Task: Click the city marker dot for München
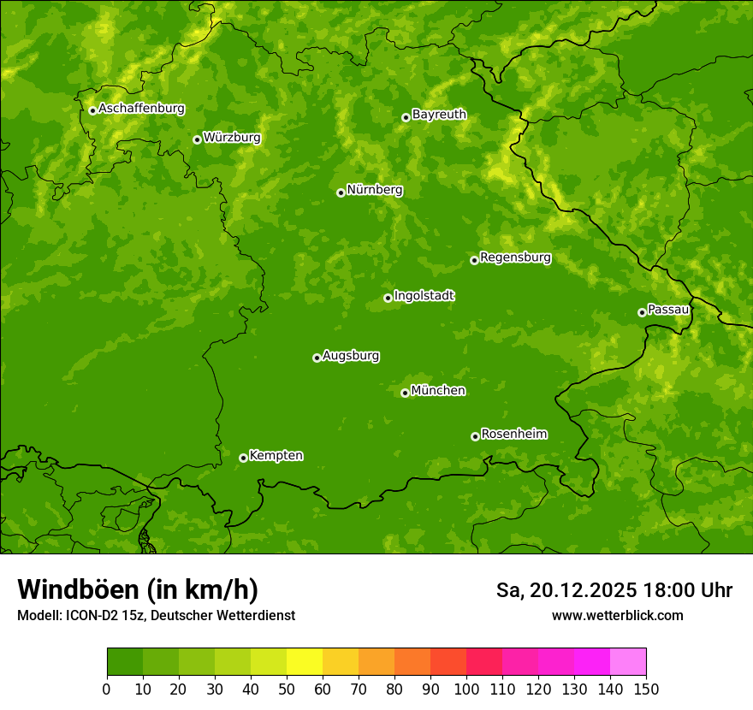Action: [x=405, y=393]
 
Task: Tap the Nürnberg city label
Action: [x=374, y=190]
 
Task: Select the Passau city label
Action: [x=668, y=309]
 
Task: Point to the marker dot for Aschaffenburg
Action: [x=92, y=110]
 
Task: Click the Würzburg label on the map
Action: [x=232, y=137]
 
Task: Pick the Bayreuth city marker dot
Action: [x=406, y=117]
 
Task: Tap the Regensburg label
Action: [x=515, y=257]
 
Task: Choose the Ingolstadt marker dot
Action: [x=388, y=298]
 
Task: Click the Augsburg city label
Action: [x=351, y=355]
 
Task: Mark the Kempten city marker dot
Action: [x=243, y=458]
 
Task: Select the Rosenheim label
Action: [x=513, y=434]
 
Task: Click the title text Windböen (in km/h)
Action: [x=138, y=589]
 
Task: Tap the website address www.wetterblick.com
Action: [x=617, y=615]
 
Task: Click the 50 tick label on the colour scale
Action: [x=287, y=689]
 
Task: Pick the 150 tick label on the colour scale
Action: [x=646, y=689]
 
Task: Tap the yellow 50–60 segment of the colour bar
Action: [x=305, y=662]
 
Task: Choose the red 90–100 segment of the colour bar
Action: [x=448, y=662]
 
